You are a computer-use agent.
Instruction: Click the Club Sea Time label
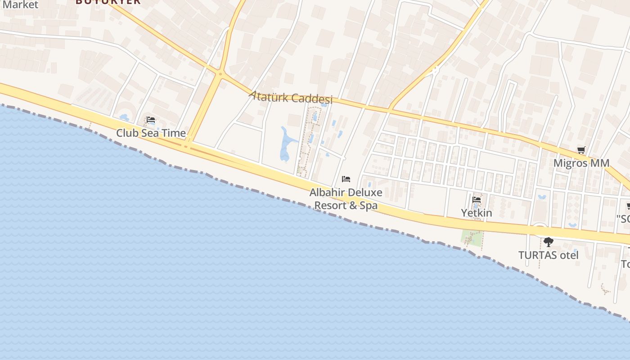[x=151, y=133]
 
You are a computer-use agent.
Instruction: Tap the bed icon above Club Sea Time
[x=151, y=120]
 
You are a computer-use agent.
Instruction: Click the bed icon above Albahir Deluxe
[x=346, y=179]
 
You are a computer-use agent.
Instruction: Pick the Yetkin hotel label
[x=477, y=212]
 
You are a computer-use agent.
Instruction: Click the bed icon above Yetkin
[x=477, y=199]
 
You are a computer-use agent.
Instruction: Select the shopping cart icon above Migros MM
[x=581, y=150]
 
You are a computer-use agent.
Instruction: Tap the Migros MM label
[x=581, y=163]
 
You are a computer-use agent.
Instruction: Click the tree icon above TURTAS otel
[x=548, y=242]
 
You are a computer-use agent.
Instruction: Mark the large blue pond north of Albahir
[x=285, y=145]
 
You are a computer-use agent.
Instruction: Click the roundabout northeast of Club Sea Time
[x=220, y=74]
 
